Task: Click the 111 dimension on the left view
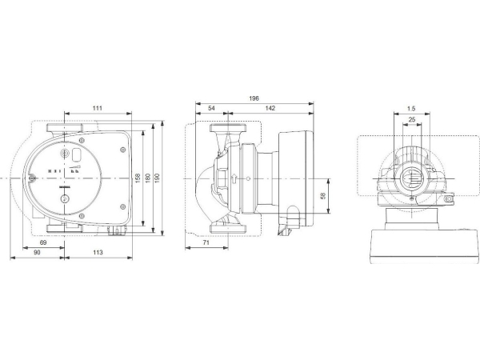tap(97, 107)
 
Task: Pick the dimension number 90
tap(38, 253)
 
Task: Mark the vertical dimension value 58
tap(322, 194)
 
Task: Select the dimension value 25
tap(411, 119)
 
